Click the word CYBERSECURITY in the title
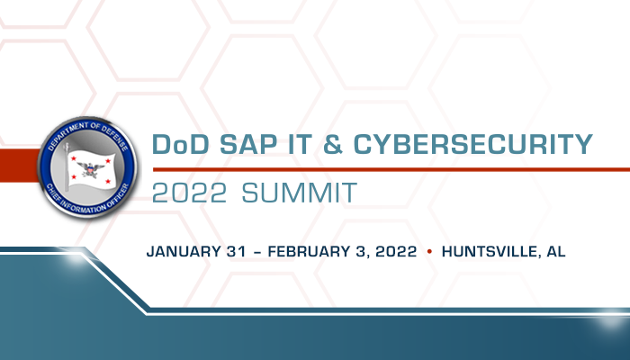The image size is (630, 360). (x=472, y=144)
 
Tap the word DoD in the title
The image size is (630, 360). (x=180, y=144)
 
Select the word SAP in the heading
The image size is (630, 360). (x=248, y=144)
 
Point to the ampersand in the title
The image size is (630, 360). (x=333, y=144)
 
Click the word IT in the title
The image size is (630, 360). (x=300, y=144)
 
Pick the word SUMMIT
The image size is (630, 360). (x=300, y=193)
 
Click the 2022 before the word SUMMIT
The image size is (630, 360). (x=189, y=193)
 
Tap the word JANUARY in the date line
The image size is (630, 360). (x=184, y=251)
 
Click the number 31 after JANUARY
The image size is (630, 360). (x=236, y=251)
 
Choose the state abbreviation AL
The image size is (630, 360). (x=556, y=251)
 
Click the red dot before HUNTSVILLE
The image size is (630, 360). (x=429, y=251)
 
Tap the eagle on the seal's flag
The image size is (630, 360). (x=90, y=169)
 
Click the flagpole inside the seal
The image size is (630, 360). (x=67, y=166)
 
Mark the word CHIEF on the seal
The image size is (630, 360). (x=53, y=193)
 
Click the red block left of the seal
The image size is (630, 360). (x=19, y=166)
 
